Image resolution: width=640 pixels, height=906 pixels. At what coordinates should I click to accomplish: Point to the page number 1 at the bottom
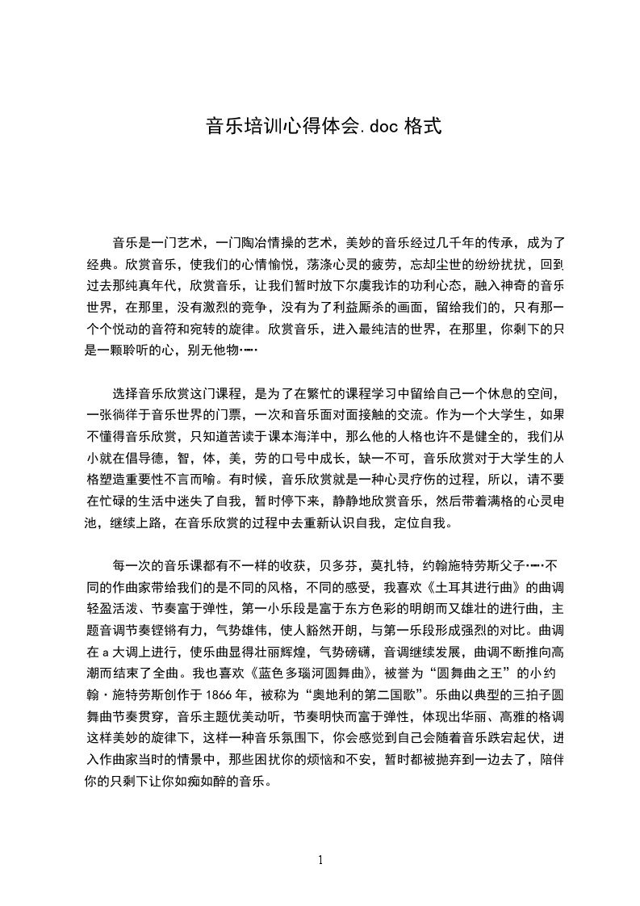320,859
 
